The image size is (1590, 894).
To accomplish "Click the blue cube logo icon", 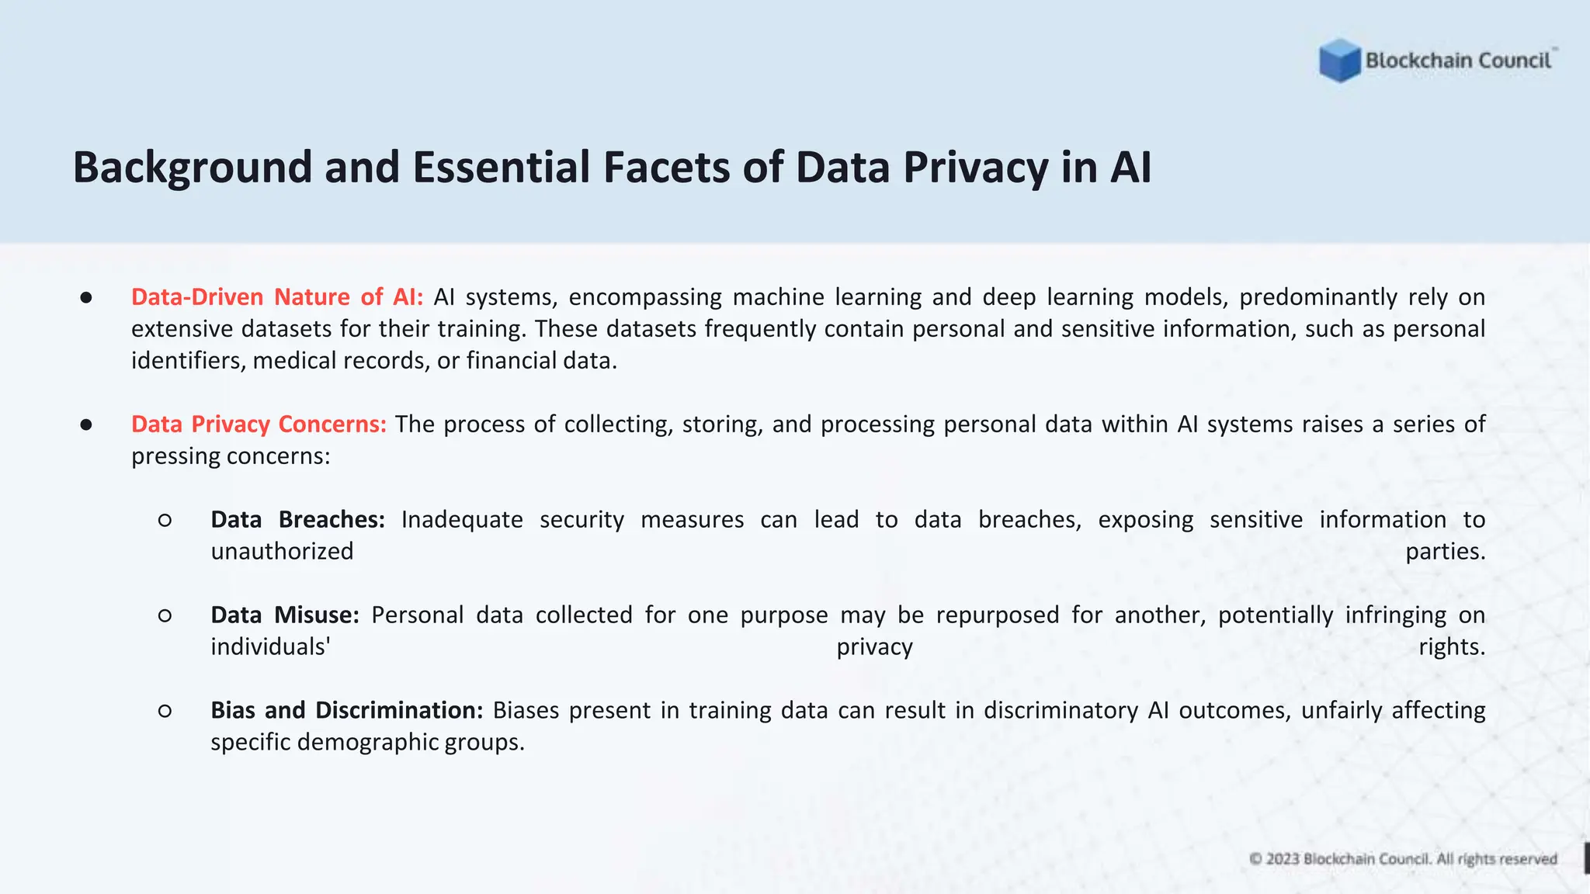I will [1339, 60].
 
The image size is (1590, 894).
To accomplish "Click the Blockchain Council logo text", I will [1458, 61].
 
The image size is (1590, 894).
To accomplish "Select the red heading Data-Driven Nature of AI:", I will [277, 297].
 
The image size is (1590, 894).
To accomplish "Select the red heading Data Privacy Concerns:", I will [259, 424].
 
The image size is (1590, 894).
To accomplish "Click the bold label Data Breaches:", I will [298, 520].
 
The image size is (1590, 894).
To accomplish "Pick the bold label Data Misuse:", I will [285, 615].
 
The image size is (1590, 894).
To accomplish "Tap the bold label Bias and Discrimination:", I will [347, 711].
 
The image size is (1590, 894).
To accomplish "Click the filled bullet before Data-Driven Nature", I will [86, 298].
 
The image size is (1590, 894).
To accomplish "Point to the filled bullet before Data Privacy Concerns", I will [86, 425].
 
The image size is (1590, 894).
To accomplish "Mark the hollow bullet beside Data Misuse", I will [165, 616].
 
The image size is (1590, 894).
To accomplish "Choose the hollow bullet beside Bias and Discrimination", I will [165, 711].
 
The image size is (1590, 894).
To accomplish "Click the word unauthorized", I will [282, 552].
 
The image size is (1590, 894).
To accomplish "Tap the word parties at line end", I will [1445, 552].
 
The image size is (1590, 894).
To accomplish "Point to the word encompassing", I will [644, 297].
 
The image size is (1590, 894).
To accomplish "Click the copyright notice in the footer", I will [1403, 859].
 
